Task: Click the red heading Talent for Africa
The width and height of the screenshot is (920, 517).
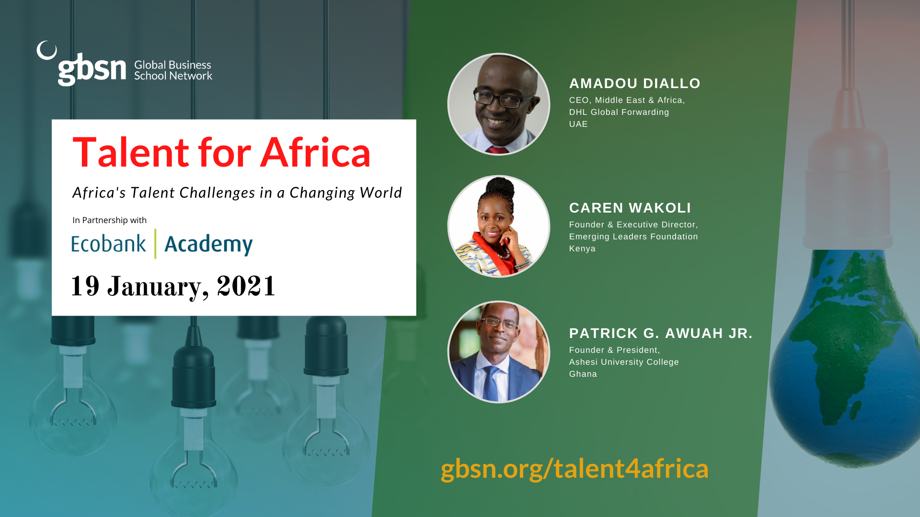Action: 221,152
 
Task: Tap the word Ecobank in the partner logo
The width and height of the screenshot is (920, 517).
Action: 109,244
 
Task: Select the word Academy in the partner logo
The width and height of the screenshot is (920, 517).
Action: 208,245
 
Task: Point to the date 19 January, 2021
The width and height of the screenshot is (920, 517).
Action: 173,287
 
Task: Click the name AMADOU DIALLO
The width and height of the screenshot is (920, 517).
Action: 635,83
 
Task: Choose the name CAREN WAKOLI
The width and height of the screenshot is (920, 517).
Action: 630,208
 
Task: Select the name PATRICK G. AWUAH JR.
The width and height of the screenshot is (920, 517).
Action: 661,333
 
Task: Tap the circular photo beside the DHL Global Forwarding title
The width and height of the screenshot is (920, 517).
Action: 499,104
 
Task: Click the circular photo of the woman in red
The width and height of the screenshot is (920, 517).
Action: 499,226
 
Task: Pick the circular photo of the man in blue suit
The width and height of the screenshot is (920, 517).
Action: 499,352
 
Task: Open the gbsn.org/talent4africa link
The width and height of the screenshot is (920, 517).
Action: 575,469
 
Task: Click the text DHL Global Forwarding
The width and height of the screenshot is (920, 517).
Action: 619,112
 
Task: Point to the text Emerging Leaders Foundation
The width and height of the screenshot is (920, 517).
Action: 633,236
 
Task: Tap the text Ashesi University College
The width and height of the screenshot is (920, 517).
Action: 624,362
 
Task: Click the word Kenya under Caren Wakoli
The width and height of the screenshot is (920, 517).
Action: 582,249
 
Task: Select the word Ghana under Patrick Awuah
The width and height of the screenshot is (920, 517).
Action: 583,374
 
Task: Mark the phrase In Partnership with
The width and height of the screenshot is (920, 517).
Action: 110,220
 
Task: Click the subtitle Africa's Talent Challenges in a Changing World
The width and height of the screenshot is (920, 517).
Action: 237,193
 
